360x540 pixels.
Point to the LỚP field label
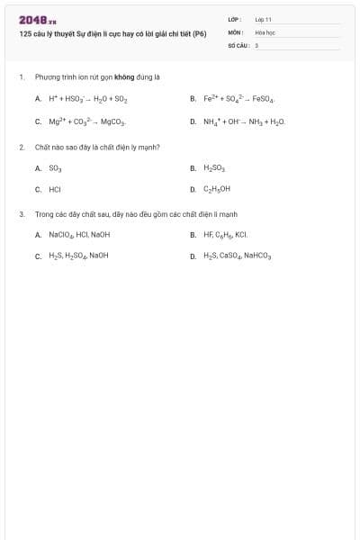click(x=235, y=19)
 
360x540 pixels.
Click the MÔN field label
click(x=235, y=31)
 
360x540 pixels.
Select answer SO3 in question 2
click(x=55, y=168)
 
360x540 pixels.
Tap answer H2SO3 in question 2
click(x=214, y=168)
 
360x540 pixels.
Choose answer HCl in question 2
click(x=55, y=190)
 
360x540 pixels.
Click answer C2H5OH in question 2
click(x=217, y=190)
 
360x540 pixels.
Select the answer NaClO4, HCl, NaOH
click(x=79, y=235)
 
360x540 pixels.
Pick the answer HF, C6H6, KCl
click(x=225, y=235)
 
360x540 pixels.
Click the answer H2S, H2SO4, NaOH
click(x=78, y=256)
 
